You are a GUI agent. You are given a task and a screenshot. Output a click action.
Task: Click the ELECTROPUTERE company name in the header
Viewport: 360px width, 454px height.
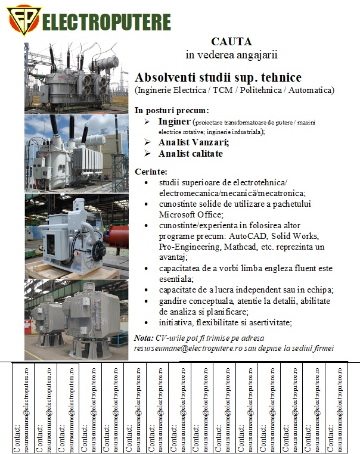tap(107, 22)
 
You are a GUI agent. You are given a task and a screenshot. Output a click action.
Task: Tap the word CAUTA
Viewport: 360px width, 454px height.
tap(231, 42)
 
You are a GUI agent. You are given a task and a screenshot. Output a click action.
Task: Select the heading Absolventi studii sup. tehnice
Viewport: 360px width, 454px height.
tap(218, 77)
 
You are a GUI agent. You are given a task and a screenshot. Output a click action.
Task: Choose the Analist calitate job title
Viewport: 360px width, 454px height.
tap(190, 154)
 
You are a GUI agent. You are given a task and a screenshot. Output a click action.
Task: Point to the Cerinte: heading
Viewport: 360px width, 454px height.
tap(151, 172)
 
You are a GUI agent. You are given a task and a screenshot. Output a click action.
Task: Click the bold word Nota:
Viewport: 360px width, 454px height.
tap(144, 338)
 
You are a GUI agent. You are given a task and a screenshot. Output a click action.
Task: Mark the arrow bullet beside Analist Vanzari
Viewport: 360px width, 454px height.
tap(148, 142)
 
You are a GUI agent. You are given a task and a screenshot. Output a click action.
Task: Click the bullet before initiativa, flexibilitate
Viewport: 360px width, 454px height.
tap(148, 323)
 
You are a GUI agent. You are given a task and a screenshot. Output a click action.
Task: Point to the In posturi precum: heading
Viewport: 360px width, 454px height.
tap(172, 110)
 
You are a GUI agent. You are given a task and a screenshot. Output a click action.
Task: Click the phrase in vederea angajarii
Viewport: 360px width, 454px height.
tap(231, 55)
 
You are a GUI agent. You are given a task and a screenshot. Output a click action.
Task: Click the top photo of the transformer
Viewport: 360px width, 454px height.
tap(76, 77)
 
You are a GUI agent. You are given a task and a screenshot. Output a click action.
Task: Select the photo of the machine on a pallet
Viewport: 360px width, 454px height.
tap(76, 235)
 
